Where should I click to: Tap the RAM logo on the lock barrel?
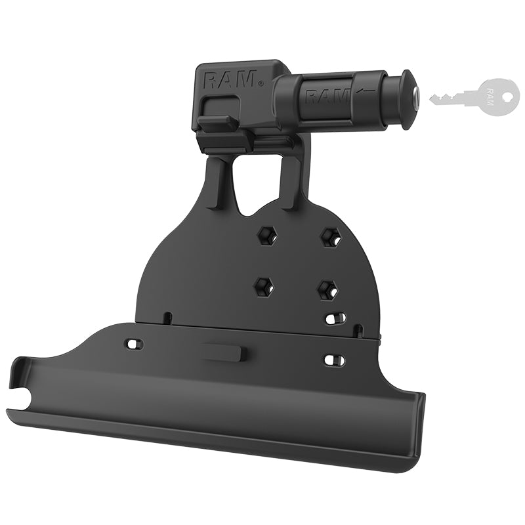[x=327, y=96]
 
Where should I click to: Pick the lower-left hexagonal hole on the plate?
[x=262, y=285]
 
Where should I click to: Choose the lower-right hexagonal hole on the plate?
[x=326, y=289]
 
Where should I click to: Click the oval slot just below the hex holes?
[x=335, y=318]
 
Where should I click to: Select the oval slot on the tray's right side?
[x=334, y=360]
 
